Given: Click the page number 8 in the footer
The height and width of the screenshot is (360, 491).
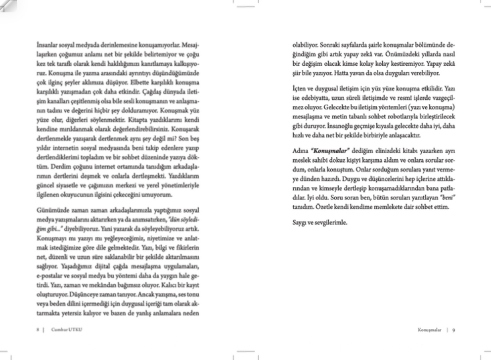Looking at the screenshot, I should tap(38, 329).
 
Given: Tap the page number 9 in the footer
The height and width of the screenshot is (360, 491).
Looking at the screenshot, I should tap(453, 329).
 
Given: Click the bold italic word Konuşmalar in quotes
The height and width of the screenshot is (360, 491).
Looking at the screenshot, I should tap(329, 151).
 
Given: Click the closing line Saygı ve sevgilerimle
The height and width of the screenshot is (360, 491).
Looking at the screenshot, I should tap(319, 222).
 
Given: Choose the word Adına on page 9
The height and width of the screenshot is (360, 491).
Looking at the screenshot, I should tap(300, 151).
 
